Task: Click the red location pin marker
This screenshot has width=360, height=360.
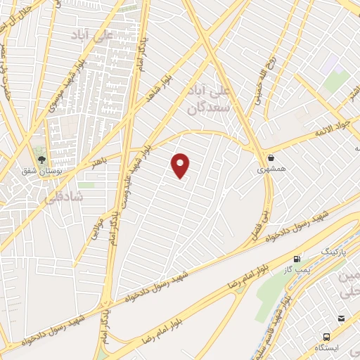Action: [x=181, y=165]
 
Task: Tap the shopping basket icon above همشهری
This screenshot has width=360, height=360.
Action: [x=271, y=157]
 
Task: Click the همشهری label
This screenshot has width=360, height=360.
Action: [x=271, y=169]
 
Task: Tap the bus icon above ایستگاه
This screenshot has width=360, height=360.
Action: [x=326, y=336]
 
